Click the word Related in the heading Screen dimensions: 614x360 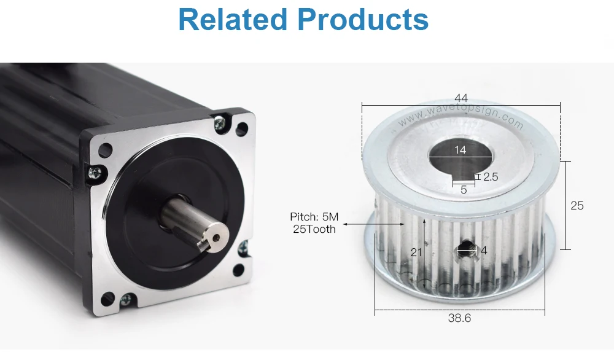point(233,19)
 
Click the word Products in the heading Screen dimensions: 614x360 point(363,19)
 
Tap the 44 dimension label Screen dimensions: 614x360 point(461,98)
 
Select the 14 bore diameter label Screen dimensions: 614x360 point(460,150)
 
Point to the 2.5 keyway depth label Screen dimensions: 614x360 point(491,177)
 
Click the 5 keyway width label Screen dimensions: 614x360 point(464,190)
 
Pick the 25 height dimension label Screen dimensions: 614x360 point(577,205)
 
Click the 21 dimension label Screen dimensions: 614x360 point(416,252)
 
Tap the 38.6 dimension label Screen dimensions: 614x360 point(459,318)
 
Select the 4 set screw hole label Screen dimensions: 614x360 point(484,250)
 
